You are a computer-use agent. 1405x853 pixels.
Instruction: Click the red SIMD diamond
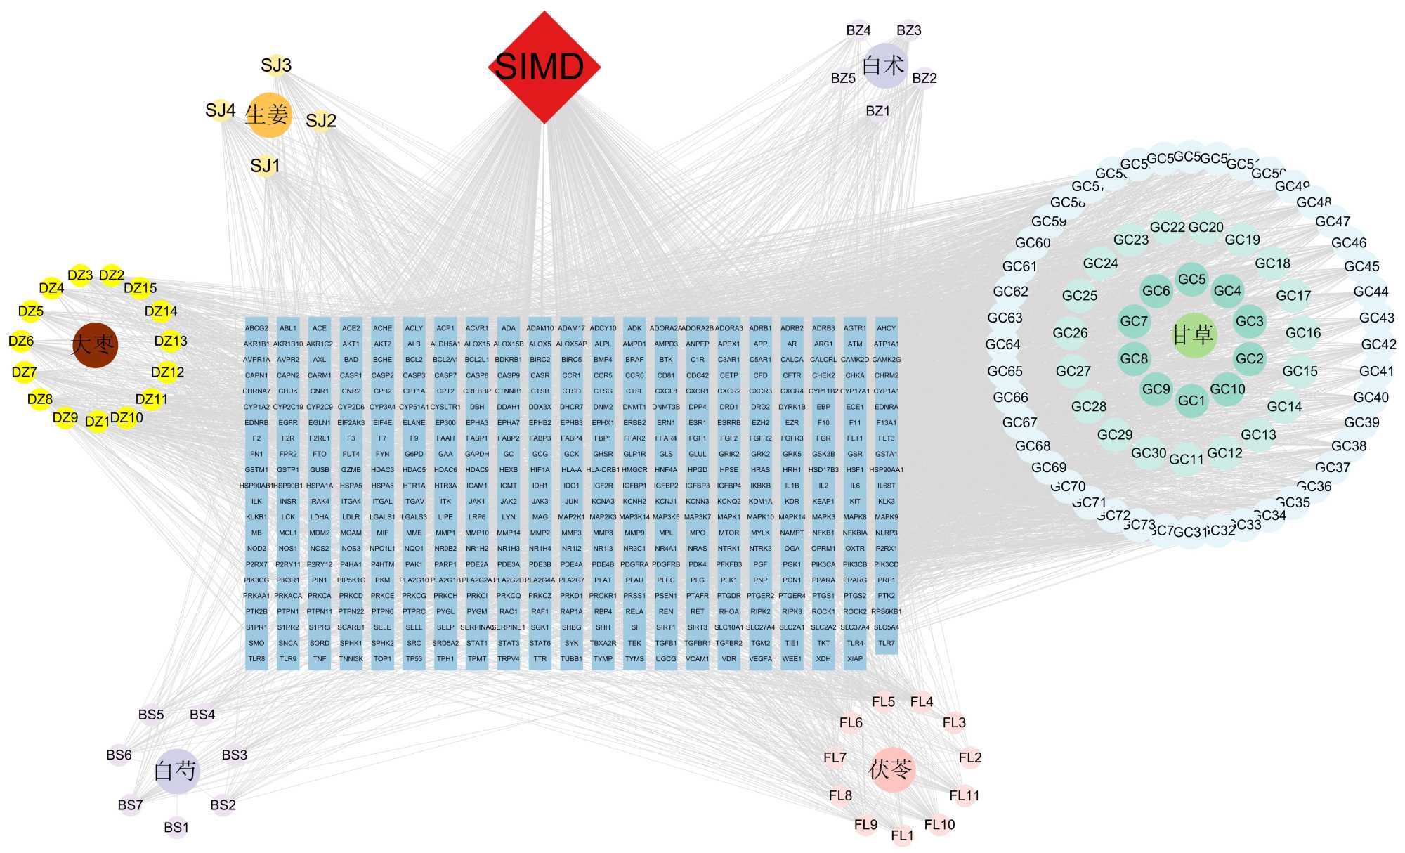point(544,67)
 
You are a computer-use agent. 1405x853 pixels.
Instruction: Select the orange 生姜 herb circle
point(268,115)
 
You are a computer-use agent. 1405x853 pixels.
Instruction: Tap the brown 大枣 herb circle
point(95,345)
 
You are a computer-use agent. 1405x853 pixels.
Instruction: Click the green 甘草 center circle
point(1193,334)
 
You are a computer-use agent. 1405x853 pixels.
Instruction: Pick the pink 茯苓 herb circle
point(892,770)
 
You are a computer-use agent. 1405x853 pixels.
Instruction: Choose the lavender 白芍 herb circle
point(176,771)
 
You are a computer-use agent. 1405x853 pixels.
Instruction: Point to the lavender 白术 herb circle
point(885,66)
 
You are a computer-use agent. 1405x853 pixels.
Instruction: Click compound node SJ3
point(276,65)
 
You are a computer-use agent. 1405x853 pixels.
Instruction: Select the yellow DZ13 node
point(171,341)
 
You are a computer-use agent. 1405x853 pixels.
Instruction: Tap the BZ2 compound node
point(924,78)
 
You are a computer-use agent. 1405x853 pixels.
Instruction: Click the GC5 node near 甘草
point(1192,280)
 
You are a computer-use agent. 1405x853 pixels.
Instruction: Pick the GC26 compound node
point(1070,333)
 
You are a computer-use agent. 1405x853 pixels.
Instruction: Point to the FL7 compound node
point(835,758)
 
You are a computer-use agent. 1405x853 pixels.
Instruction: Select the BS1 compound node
point(176,828)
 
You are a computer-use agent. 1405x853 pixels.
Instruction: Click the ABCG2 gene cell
point(256,328)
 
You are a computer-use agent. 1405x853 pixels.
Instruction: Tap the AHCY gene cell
point(887,328)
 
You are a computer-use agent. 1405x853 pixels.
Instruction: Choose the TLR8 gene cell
point(256,659)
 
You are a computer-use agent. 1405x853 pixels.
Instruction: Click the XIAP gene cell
point(855,659)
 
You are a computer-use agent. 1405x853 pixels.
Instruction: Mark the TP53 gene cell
point(414,659)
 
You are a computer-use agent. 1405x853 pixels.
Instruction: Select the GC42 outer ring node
point(1378,344)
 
